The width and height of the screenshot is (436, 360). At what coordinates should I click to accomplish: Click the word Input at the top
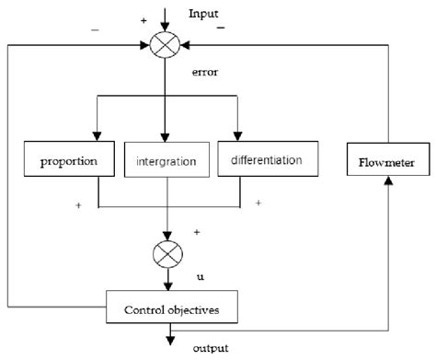203,15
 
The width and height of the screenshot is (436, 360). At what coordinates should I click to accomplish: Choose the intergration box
166,162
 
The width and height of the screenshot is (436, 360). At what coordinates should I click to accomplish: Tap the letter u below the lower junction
200,276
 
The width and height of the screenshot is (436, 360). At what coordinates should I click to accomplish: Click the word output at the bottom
211,349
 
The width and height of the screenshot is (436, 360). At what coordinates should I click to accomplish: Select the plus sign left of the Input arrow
143,18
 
